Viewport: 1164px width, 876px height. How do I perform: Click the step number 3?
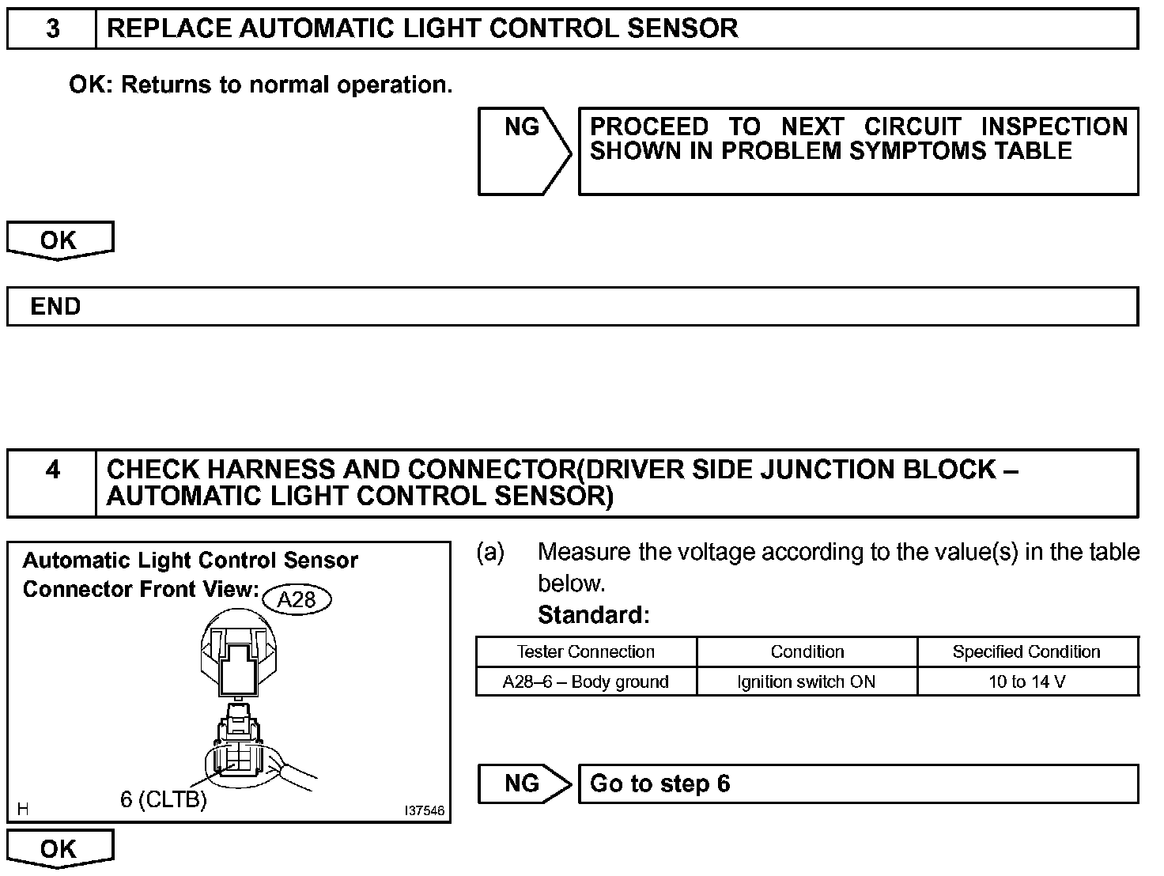click(52, 29)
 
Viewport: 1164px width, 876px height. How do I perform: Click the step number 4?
click(52, 470)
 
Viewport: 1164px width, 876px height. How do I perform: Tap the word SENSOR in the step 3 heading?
click(682, 29)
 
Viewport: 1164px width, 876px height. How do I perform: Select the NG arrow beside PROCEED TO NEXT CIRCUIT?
click(523, 150)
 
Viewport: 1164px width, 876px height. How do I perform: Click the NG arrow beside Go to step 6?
click(523, 783)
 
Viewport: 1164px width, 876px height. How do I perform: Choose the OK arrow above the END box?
click(59, 240)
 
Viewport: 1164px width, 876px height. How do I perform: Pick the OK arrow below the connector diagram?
click(59, 849)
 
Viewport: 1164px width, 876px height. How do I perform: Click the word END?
click(55, 307)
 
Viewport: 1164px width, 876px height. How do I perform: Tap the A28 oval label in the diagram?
click(297, 599)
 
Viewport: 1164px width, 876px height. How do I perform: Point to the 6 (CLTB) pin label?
click(164, 800)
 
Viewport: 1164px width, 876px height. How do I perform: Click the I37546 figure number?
click(425, 811)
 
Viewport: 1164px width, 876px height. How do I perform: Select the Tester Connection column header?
click(586, 652)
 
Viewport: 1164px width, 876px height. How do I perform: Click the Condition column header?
click(807, 652)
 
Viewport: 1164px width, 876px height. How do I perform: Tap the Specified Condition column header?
click(1026, 652)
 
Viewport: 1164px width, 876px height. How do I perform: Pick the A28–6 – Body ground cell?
click(586, 682)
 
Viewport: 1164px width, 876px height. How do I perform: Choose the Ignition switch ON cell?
click(807, 682)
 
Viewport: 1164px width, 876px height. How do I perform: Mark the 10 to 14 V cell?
click(1027, 682)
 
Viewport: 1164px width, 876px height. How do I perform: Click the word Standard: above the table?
click(594, 615)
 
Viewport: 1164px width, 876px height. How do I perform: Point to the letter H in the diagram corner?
click(23, 809)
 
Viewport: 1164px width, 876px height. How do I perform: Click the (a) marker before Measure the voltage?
click(490, 553)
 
